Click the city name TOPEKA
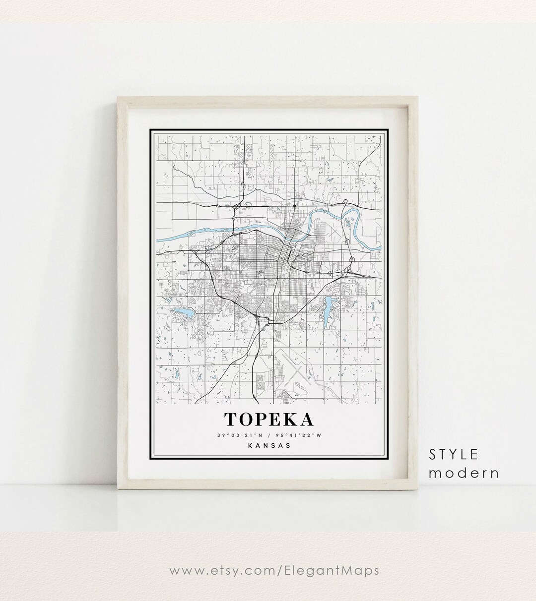coord(269,419)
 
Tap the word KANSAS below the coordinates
coord(269,445)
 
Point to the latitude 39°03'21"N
coord(237,435)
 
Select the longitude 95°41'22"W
coord(298,435)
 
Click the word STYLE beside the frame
coord(454,454)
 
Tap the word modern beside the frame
coord(464,473)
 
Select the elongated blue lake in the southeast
coord(329,310)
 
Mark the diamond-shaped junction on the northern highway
coord(295,204)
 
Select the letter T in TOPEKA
coord(231,419)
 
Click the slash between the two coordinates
coord(269,435)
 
